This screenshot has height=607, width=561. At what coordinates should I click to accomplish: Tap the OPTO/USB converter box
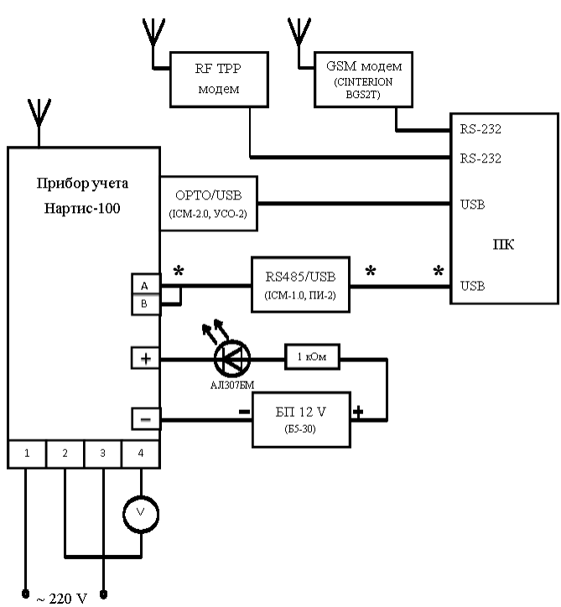[206, 203]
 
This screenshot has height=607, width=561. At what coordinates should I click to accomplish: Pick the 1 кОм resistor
[312, 359]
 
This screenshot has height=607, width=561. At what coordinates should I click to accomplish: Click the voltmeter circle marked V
[141, 511]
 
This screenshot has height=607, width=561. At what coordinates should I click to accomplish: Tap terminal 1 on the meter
[27, 454]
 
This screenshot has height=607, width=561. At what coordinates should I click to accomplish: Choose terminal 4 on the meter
[141, 454]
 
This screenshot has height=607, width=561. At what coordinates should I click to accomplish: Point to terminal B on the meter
[144, 304]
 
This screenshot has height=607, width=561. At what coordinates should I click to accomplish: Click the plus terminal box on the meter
[144, 359]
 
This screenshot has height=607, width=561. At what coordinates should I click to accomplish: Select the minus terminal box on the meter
[144, 418]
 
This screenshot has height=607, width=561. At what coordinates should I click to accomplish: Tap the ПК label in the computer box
[505, 246]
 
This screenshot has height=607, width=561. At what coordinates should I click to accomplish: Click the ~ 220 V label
[61, 598]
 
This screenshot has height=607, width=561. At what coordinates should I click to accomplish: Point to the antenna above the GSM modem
[298, 34]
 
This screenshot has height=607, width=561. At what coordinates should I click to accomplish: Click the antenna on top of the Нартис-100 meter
[35, 117]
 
